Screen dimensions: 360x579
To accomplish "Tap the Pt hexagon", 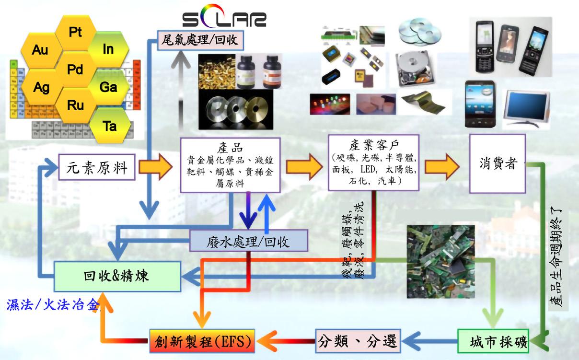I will point(75,32).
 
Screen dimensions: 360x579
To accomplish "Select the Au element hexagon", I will point(40,49).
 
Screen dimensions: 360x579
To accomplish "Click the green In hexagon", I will point(108,49).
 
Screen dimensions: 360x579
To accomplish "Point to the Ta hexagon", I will point(110,126).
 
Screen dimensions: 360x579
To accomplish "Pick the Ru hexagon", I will point(75,105).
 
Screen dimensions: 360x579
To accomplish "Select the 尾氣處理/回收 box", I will point(201,40).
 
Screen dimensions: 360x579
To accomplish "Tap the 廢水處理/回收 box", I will point(248,241).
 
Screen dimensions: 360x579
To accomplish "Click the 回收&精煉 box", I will point(117,276).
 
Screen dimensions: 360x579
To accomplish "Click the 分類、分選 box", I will point(358,341).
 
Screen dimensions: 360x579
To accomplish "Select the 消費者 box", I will point(498,163).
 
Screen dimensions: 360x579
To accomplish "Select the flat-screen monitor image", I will point(525,108).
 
